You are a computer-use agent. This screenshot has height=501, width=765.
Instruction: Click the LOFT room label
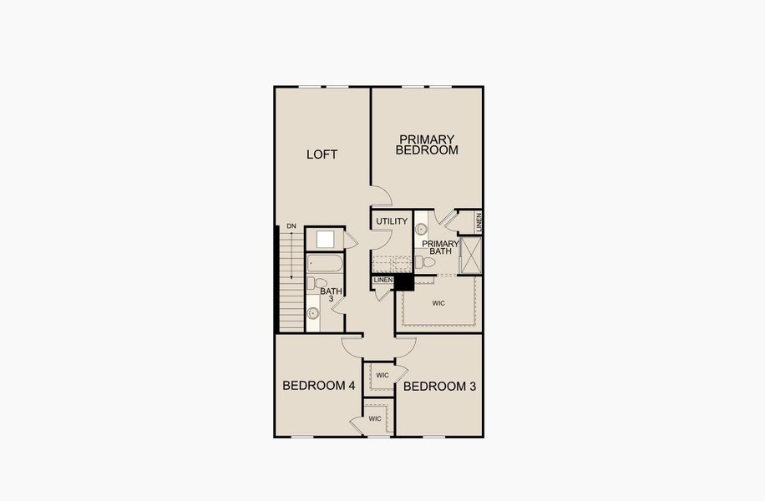click(322, 154)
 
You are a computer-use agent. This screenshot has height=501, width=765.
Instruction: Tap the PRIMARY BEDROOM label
click(427, 145)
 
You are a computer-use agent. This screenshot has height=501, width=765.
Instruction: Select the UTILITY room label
click(392, 221)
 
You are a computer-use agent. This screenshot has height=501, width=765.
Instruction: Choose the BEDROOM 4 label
click(319, 386)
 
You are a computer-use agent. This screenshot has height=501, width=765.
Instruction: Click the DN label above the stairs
click(291, 226)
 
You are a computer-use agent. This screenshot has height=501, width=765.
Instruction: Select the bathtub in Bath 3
click(324, 264)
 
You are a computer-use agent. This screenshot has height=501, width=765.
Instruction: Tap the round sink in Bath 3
click(313, 314)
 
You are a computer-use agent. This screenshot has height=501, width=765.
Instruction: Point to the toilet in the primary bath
click(427, 262)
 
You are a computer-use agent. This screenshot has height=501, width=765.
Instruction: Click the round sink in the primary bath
click(422, 229)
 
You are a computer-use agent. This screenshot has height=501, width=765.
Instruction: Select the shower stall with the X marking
click(471, 256)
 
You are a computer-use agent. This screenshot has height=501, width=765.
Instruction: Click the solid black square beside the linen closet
click(404, 283)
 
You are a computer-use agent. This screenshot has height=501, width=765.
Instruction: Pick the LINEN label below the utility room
click(383, 280)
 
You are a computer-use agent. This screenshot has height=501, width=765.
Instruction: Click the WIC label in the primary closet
click(438, 303)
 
